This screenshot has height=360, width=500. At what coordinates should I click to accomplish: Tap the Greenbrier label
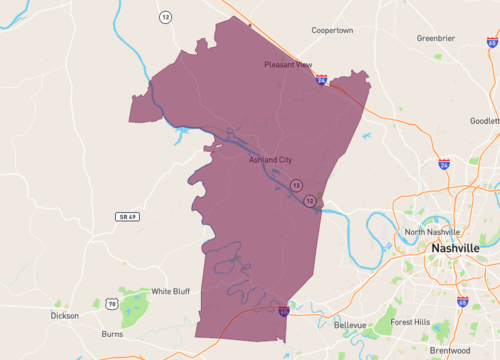coord(437,39)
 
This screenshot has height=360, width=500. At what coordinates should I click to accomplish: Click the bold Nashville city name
coord(455,247)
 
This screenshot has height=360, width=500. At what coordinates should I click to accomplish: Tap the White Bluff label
coord(169,292)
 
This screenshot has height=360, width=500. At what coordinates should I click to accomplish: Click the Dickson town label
coord(65,316)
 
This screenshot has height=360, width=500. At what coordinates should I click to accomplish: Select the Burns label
coord(113,335)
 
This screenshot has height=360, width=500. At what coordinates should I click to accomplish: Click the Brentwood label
coord(449,350)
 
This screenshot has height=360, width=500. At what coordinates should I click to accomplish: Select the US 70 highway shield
coord(112,303)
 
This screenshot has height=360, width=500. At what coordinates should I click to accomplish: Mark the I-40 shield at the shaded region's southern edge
coord(284,312)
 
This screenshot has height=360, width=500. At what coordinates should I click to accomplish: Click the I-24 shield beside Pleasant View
coord(320,78)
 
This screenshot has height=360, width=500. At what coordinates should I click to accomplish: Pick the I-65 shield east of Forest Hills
coord(462,301)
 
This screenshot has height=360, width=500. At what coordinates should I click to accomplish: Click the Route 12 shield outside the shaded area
coord(163,17)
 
